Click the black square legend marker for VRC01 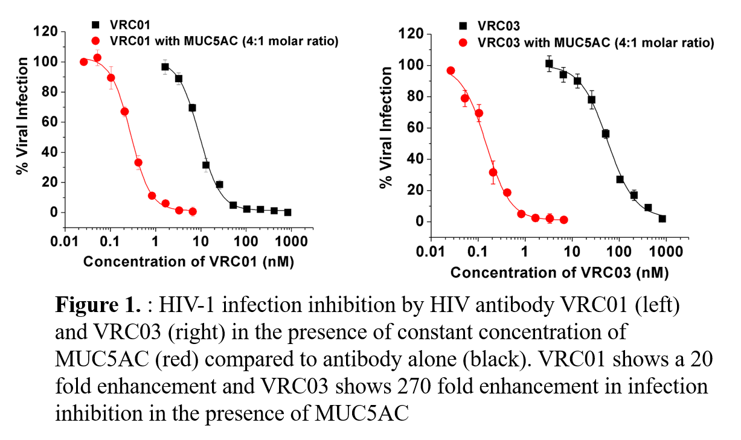[x=95, y=25]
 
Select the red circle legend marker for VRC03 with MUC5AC [x=463, y=43]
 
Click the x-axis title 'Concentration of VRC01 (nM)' [x=188, y=262]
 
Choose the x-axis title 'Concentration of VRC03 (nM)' [x=559, y=273]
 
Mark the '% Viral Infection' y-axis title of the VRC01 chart [x=22, y=116]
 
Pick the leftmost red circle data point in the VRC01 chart [x=84, y=62]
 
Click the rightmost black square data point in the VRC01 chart [x=287, y=212]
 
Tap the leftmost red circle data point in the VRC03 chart [x=451, y=71]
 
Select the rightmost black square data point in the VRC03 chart [x=662, y=218]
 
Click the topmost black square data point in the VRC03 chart [x=549, y=63]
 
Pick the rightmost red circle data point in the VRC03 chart [x=563, y=220]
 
